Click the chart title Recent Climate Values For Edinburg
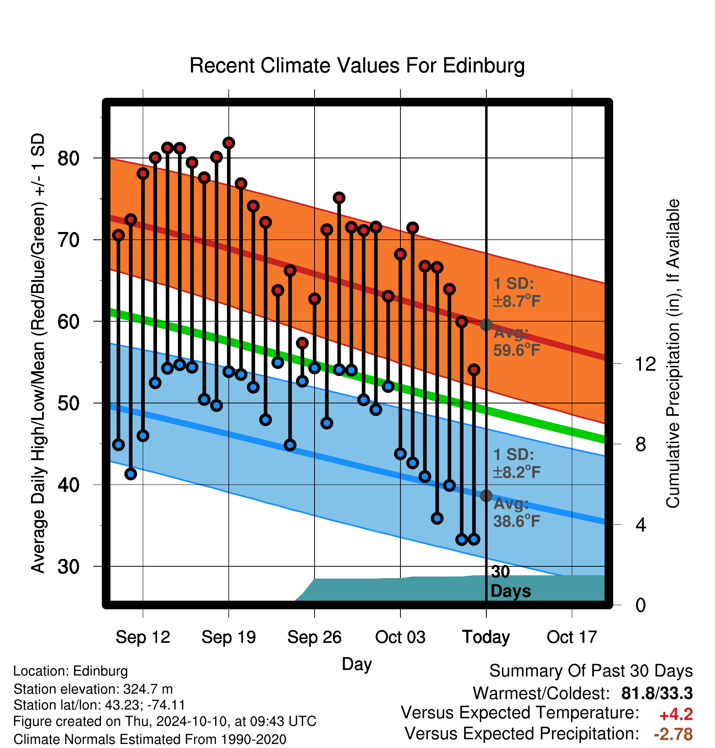pos(357,66)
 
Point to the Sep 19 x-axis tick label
pos(229,637)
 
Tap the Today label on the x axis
pos(486,637)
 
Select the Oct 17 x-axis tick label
pos(572,637)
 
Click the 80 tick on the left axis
pos(68,158)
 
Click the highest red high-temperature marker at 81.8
pos(229,143)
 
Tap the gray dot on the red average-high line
pos(486,324)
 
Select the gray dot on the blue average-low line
pos(486,496)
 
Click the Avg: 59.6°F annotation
pos(517,341)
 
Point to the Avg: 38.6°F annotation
pos(517,512)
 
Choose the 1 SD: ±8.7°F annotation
pos(517,292)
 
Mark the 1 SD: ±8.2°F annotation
pos(517,463)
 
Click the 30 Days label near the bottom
pos(510,581)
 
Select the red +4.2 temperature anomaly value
pos(676,714)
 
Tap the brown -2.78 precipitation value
pos(673,734)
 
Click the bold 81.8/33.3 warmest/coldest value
pos(657,693)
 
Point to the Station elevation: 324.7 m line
pos(93,689)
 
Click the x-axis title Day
pos(357,664)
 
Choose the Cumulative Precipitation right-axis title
pos(673,354)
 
